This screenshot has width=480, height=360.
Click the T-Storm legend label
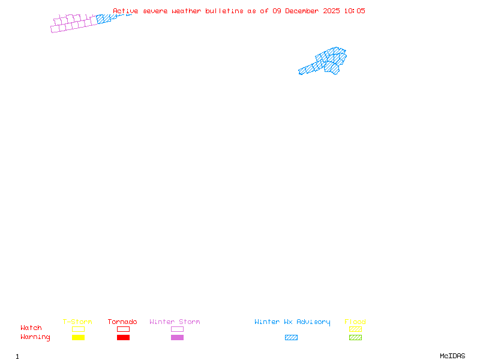coord(77,322)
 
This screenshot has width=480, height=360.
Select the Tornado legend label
coord(122,322)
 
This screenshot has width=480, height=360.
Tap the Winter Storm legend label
coord(175,322)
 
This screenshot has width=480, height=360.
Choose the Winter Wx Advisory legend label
coord(292,322)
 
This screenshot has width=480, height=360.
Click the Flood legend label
coord(355,322)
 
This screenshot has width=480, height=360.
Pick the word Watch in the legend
coord(31,328)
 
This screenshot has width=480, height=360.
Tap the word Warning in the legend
coord(35,337)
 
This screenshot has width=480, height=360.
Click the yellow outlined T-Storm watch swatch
coord(78,329)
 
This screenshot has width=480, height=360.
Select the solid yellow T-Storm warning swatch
coord(78,337)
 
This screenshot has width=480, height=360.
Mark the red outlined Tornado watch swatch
coord(123,329)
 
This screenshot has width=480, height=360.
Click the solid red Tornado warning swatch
coord(123,337)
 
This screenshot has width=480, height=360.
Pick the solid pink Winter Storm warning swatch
coord(177,337)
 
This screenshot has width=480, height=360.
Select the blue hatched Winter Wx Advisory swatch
coord(291,337)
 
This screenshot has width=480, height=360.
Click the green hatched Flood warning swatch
coord(355,337)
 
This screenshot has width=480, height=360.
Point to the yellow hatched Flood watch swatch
coord(355,329)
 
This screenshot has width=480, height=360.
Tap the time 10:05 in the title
coord(355,11)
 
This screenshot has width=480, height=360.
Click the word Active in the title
coord(125,11)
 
